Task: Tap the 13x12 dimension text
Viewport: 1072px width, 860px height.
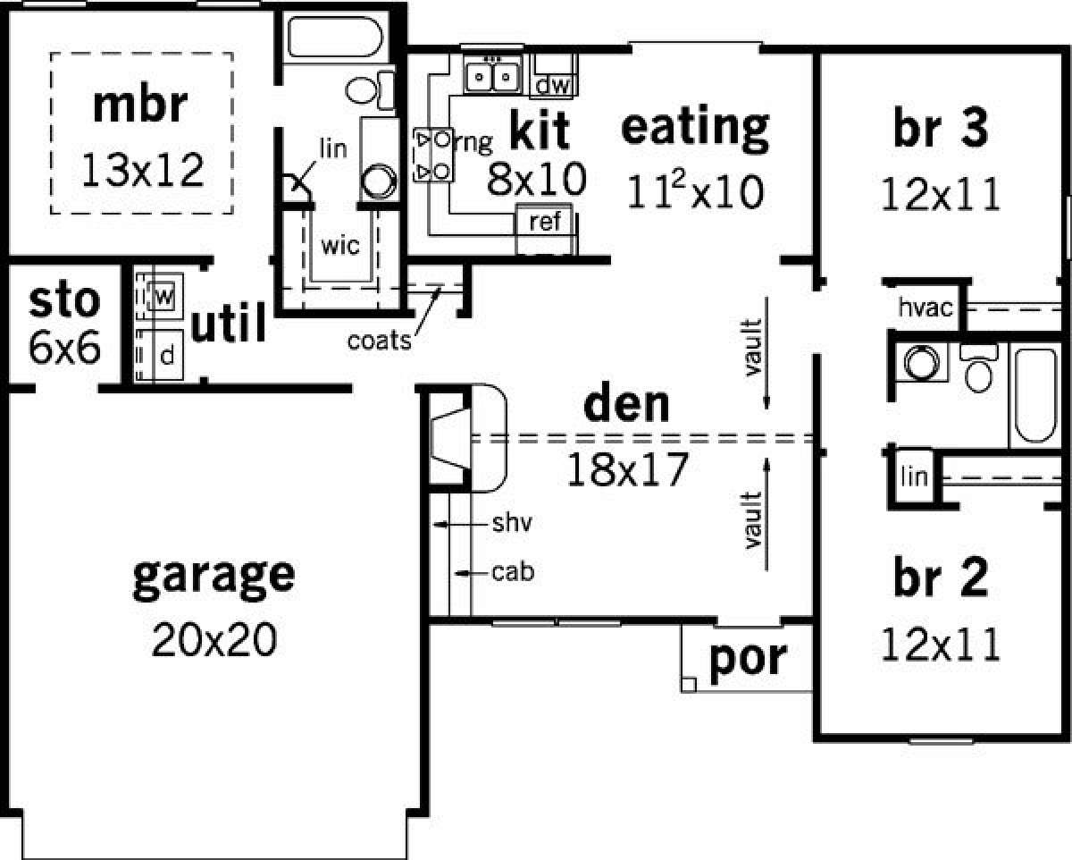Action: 143,171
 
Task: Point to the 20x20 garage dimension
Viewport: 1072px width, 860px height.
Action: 214,640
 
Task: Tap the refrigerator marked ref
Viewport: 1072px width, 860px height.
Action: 545,222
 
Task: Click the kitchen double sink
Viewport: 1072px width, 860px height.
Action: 492,76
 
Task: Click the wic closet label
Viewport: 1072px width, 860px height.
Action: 340,246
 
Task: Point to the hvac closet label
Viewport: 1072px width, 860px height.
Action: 925,308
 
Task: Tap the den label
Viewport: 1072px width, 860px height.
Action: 626,404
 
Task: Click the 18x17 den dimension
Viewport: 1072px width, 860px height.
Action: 628,469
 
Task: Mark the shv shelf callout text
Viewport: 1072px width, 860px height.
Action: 512,523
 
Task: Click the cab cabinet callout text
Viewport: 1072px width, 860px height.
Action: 513,572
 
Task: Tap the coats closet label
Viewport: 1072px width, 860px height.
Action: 380,341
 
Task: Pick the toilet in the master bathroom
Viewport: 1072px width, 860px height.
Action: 370,89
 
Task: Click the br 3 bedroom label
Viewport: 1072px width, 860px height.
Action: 941,128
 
